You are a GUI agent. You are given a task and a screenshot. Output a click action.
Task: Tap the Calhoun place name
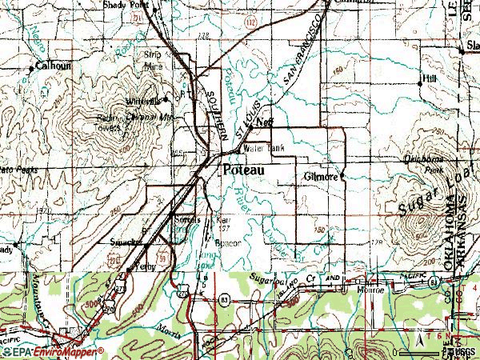[x=50, y=67]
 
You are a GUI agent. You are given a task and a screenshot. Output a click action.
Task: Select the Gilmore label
[x=321, y=176]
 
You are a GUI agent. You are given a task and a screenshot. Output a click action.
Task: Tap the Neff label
[x=265, y=122]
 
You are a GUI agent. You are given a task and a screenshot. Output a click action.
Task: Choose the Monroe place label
[x=373, y=290]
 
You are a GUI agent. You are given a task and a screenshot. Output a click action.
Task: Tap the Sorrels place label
[x=186, y=218]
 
